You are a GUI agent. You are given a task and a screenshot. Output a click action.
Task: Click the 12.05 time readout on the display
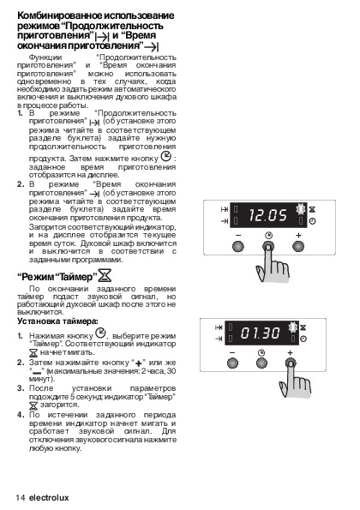[x=268, y=215]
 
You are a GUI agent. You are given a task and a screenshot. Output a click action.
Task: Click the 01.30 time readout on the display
[x=261, y=333]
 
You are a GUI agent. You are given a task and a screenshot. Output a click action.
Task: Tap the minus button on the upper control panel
[x=238, y=246]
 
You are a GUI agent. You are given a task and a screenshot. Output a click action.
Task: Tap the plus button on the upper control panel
[x=298, y=246]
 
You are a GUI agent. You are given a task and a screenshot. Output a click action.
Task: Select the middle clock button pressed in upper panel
[x=268, y=247]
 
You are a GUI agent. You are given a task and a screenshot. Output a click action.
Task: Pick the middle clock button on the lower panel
[x=261, y=363]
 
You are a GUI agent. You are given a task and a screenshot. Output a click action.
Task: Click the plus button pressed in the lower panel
[x=291, y=363]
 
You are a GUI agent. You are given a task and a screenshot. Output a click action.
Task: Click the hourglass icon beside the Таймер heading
[x=105, y=275]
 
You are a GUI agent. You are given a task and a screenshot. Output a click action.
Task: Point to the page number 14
[x=21, y=498]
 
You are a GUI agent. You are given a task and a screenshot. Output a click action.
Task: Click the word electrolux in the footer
[x=49, y=498]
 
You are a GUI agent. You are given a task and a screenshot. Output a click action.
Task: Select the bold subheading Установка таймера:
[x=57, y=321]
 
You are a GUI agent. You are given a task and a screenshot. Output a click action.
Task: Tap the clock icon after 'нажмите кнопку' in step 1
[x=165, y=156]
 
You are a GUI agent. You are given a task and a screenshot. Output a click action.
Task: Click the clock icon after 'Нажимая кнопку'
[x=100, y=333]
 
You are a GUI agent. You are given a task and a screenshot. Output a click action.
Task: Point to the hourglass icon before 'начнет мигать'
[x=33, y=352]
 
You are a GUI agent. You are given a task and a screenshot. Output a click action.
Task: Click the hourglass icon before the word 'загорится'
[x=33, y=405]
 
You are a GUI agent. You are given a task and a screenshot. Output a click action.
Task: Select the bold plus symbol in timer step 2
[x=139, y=363]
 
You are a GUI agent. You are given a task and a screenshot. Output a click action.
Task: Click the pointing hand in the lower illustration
[x=295, y=381]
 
